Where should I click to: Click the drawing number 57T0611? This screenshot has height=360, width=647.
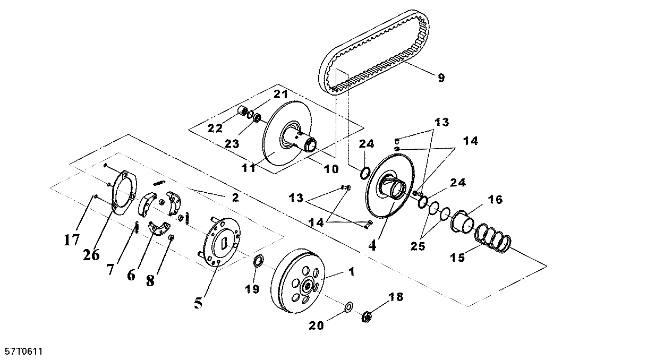click(x=24, y=352)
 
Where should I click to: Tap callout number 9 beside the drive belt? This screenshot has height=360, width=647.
click(x=441, y=78)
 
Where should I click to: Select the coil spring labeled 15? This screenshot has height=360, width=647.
click(x=493, y=238)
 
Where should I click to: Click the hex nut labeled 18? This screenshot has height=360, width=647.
click(x=367, y=316)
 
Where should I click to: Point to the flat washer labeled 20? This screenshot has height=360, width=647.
click(x=348, y=307)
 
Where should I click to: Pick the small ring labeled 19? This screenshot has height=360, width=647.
click(x=258, y=260)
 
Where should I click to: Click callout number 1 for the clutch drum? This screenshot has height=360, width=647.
click(x=351, y=271)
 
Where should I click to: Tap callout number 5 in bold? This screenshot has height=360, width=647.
click(x=198, y=303)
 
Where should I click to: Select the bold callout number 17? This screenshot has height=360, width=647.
click(x=71, y=239)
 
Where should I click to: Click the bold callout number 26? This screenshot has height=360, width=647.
click(x=91, y=255)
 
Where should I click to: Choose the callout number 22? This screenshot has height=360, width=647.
click(x=215, y=128)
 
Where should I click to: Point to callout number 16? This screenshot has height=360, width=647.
click(x=496, y=200)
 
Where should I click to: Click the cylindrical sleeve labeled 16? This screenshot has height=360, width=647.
click(x=463, y=222)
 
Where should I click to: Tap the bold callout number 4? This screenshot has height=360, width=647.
click(x=372, y=246)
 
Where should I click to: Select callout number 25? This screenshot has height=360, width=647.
click(x=418, y=246)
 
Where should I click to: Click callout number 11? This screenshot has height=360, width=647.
click(x=249, y=168)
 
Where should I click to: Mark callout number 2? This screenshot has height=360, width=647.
click(x=235, y=198)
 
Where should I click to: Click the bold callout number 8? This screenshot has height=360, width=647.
click(x=150, y=280)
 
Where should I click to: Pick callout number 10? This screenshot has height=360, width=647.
click(x=331, y=169)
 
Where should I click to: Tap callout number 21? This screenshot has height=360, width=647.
click(x=281, y=94)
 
